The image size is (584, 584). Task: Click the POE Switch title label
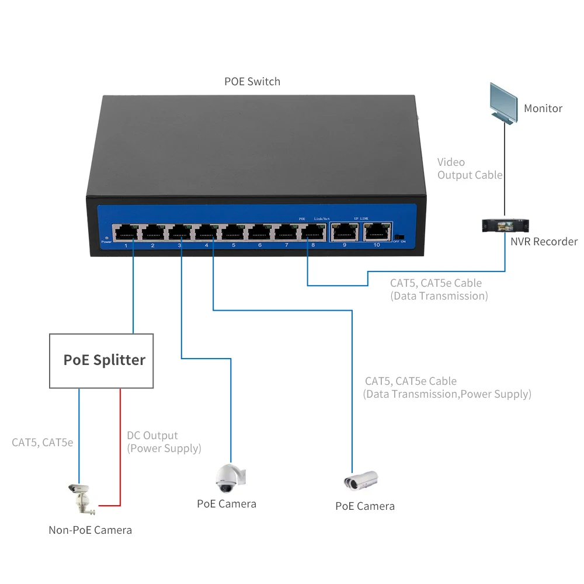tap(252, 82)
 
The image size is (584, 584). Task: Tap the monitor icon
tap(503, 103)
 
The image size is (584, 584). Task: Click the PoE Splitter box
tap(101, 360)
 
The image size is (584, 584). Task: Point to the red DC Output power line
tap(120, 444)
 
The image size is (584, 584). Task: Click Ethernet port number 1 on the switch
tap(126, 232)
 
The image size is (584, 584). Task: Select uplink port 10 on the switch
tap(377, 232)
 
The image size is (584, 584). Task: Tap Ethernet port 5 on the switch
tap(233, 232)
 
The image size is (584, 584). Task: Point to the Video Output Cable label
tap(470, 168)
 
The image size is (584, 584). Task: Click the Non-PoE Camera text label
tap(91, 530)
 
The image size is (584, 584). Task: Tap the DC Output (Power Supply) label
tap(164, 442)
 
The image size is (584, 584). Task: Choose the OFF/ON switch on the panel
tap(399, 237)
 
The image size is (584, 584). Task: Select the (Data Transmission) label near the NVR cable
tap(439, 296)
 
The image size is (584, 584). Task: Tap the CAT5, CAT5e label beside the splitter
tap(42, 442)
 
